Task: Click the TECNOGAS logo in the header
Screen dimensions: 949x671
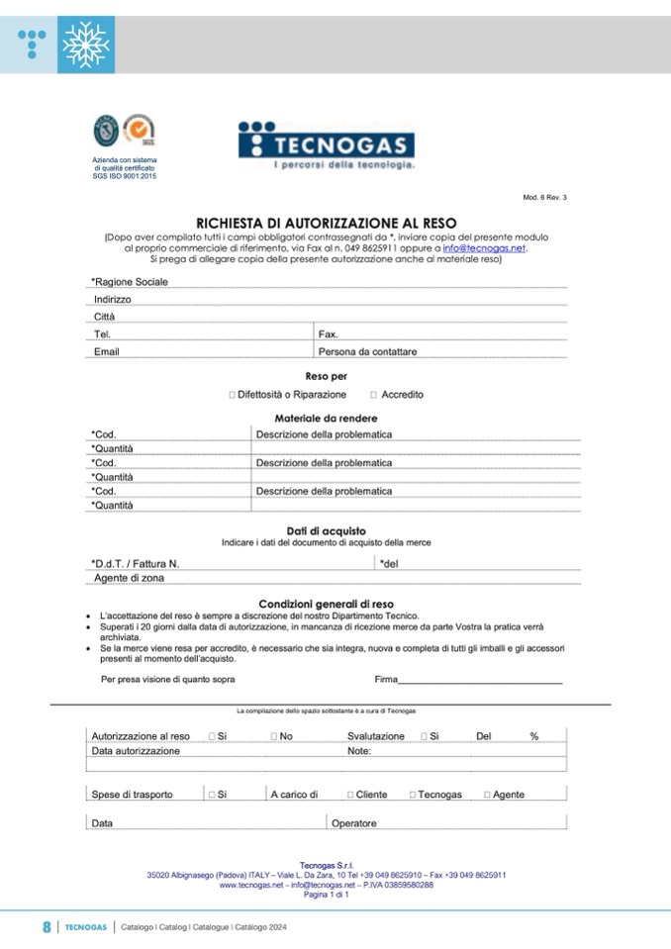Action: [x=326, y=145]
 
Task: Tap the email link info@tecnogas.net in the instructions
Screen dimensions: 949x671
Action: [x=484, y=248]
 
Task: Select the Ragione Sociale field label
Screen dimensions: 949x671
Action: [x=130, y=282]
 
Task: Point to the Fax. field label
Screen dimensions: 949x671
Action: [x=329, y=334]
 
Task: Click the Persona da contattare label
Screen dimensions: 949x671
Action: [x=367, y=351]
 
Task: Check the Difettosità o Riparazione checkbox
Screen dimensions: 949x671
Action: [x=232, y=395]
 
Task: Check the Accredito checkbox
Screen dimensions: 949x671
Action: [x=373, y=395]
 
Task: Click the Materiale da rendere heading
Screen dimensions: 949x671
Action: [x=326, y=419]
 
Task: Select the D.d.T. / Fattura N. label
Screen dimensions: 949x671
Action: [x=135, y=564]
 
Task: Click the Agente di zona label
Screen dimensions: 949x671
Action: [x=129, y=578]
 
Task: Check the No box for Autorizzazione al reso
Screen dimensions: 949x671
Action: [x=274, y=737]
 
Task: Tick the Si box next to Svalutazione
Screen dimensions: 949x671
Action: [x=424, y=737]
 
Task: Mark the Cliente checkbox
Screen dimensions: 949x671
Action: [x=350, y=795]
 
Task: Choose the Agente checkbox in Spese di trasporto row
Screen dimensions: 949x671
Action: [x=487, y=795]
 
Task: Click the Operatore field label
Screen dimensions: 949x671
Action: [x=353, y=823]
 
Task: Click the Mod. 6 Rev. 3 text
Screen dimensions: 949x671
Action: [x=544, y=198]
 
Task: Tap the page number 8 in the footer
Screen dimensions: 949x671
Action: [x=47, y=927]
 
